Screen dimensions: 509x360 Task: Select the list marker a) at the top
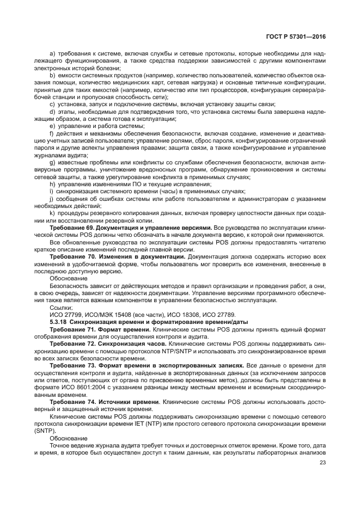click(52, 54)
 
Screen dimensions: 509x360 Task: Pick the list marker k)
click(52, 213)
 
